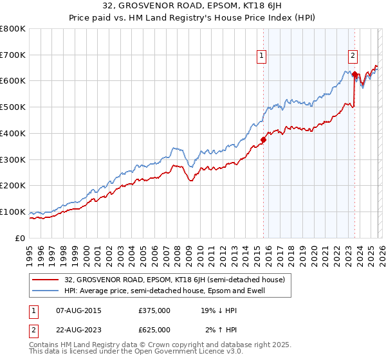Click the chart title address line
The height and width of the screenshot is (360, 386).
click(193, 6)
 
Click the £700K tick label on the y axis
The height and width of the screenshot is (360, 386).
click(13, 55)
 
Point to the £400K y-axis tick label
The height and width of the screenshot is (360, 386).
click(13, 133)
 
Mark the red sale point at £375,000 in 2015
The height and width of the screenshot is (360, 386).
click(263, 139)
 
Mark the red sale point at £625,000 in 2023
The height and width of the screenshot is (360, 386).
click(354, 74)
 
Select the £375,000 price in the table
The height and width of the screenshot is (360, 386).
click(154, 310)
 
